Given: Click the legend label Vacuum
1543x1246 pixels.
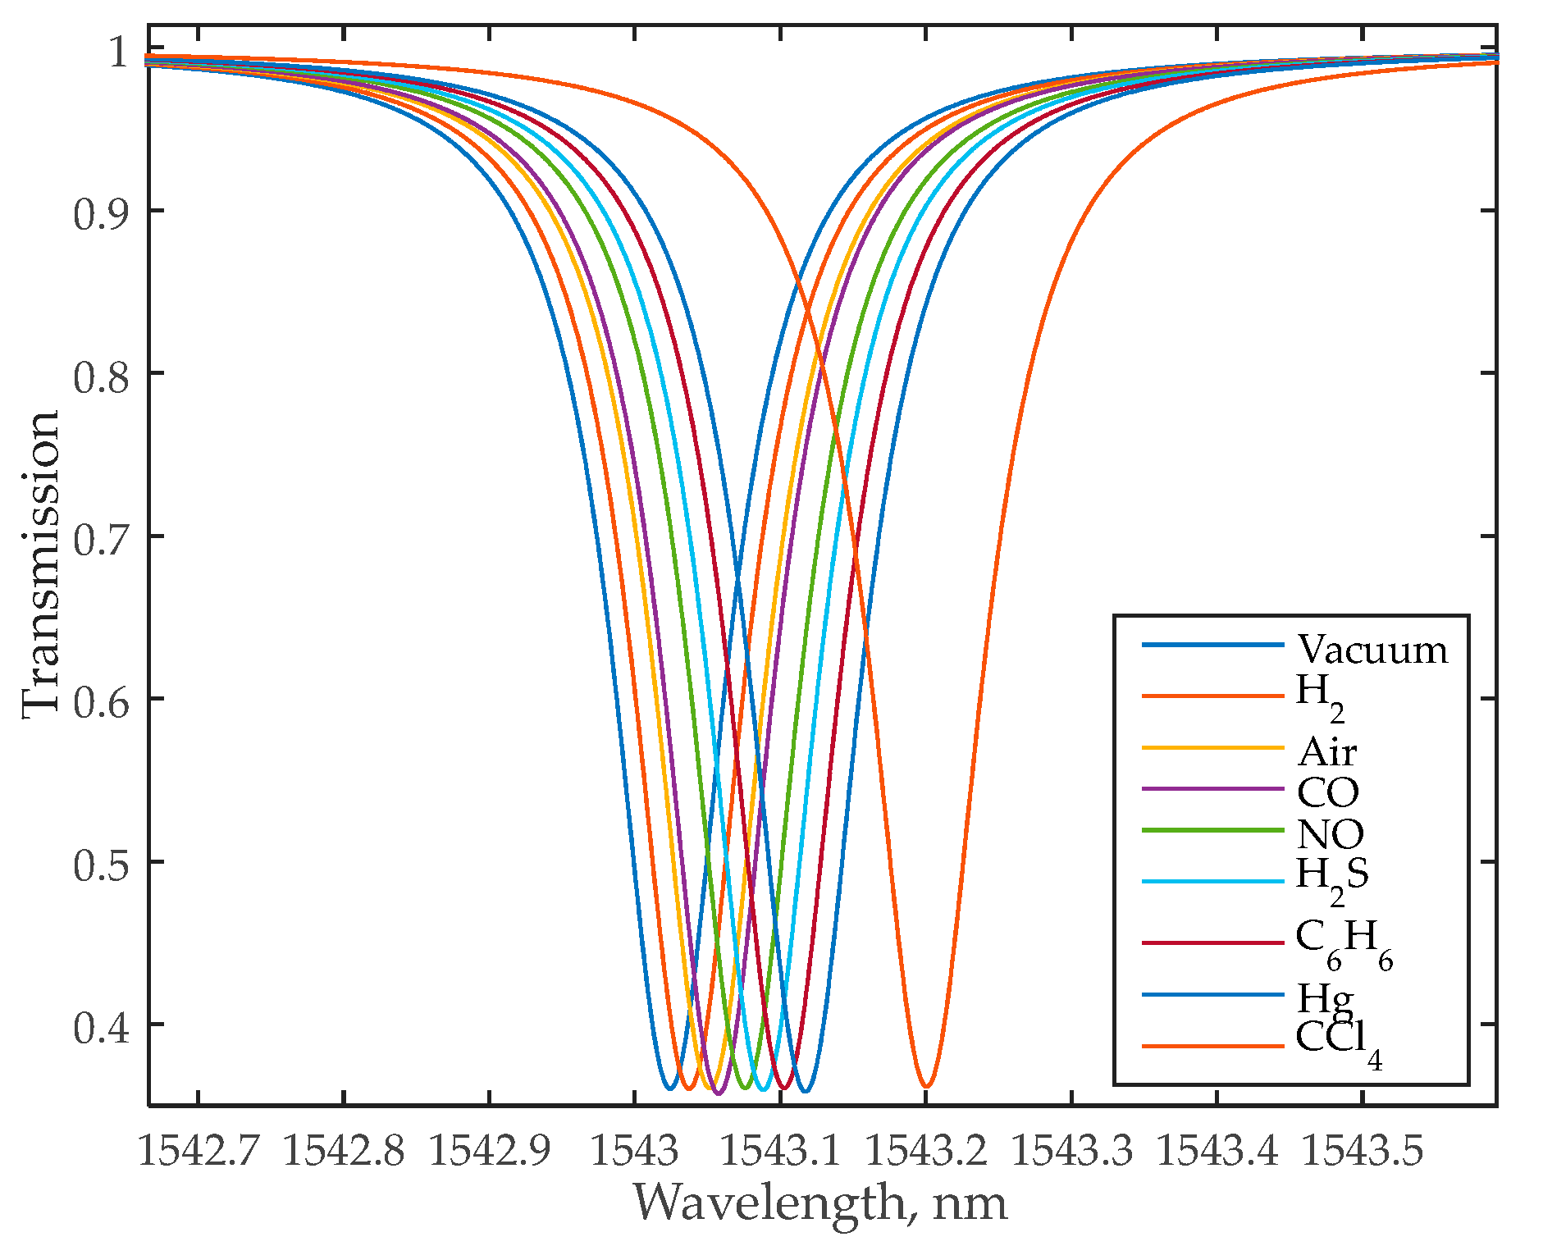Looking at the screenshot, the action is coord(1372,650).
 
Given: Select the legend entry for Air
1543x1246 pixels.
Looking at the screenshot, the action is coord(1326,751).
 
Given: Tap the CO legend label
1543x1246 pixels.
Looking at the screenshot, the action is coord(1327,792).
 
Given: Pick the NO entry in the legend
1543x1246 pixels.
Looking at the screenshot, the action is coord(1330,834).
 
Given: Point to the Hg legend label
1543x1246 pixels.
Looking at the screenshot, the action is coord(1324,999).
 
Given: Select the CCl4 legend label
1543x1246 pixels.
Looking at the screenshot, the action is coord(1337,1043).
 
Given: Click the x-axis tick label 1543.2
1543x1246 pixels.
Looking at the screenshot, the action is coord(926,1150).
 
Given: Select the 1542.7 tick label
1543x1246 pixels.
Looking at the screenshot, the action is coord(198,1150).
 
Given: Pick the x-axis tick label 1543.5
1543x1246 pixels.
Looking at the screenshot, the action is coord(1363,1150).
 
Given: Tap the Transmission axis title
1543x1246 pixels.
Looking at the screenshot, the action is coord(41,564).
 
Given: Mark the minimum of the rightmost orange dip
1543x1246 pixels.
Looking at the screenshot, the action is coord(926,1087).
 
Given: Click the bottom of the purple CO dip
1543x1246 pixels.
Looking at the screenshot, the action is coord(718,1093).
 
